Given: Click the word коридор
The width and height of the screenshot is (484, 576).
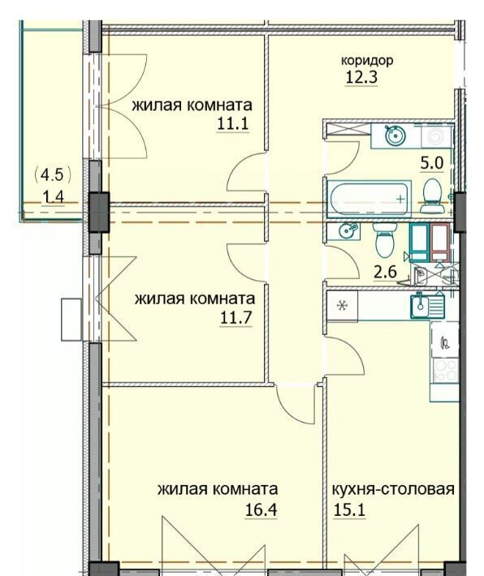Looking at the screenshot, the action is pyautogui.click(x=367, y=60).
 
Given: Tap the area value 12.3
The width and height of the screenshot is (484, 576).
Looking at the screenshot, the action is pyautogui.click(x=361, y=78).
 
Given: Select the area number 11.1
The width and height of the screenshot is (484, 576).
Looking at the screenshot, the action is pyautogui.click(x=233, y=123).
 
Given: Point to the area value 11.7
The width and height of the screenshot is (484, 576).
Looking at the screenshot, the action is pyautogui.click(x=236, y=317).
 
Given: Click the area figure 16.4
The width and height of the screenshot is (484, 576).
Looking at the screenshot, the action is pyautogui.click(x=261, y=509).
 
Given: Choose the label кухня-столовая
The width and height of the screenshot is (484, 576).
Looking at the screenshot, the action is pyautogui.click(x=393, y=489).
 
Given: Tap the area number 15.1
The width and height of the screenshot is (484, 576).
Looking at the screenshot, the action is pyautogui.click(x=349, y=509).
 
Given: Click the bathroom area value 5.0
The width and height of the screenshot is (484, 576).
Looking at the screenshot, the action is pyautogui.click(x=432, y=163).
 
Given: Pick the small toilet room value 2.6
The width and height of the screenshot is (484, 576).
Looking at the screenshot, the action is pyautogui.click(x=385, y=273).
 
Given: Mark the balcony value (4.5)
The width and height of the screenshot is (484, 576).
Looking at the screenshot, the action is pyautogui.click(x=52, y=175).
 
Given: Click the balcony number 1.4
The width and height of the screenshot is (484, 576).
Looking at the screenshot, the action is pyautogui.click(x=53, y=197).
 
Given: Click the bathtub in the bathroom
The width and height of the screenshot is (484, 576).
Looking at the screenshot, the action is pyautogui.click(x=369, y=199).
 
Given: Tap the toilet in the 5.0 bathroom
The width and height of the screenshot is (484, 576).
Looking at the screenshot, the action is pyautogui.click(x=432, y=196).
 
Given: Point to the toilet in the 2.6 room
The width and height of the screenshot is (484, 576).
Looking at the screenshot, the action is pyautogui.click(x=385, y=239).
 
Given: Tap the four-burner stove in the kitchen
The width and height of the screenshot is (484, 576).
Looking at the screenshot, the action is pyautogui.click(x=445, y=371).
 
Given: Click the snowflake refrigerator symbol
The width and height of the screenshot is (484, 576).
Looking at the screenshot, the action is pyautogui.click(x=342, y=305).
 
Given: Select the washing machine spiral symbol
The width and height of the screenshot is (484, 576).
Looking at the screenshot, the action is pyautogui.click(x=436, y=136).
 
